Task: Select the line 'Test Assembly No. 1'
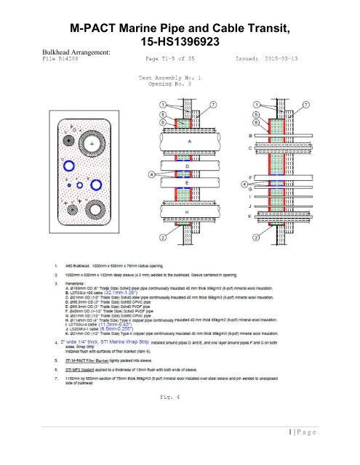coord(169,76)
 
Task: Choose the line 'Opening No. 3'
coord(169,84)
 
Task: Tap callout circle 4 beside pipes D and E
coord(151,174)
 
